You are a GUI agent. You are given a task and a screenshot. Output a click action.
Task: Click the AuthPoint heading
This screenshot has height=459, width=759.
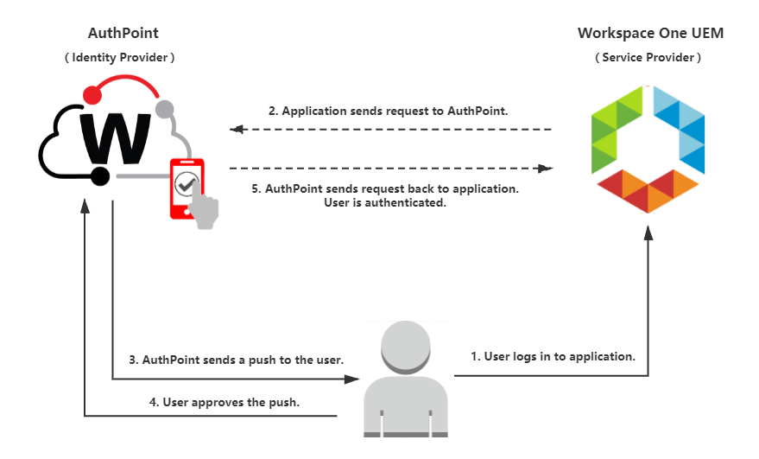click(x=123, y=34)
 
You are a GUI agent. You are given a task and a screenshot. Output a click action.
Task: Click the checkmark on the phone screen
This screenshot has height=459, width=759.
click(x=186, y=183)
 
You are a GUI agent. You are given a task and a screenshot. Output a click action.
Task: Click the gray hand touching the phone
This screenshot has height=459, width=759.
click(x=206, y=209)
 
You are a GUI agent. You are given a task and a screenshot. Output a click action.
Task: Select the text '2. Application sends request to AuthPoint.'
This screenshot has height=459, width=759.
click(x=389, y=112)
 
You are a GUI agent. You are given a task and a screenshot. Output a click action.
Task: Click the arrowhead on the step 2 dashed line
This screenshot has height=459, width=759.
click(x=235, y=130)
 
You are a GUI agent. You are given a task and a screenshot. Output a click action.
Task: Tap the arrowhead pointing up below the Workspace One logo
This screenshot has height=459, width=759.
click(x=648, y=231)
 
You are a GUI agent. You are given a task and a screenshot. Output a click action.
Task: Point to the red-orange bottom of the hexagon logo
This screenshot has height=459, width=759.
click(x=649, y=189)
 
